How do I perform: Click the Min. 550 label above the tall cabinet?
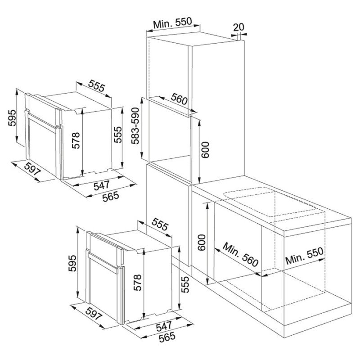172,23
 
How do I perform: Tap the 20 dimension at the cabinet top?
239,27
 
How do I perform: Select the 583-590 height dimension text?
135,126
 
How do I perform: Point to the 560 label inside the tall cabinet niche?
179,99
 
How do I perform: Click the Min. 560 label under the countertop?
240,255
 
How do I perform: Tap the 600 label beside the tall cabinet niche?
205,150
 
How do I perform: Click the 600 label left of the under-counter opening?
202,243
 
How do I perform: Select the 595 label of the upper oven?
12,118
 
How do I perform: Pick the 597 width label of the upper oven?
32,169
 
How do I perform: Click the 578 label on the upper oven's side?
76,140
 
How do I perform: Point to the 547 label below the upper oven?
101,185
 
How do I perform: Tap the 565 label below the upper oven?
111,196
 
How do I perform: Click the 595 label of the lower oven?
72,263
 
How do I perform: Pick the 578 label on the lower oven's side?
137,283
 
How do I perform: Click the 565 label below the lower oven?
167,337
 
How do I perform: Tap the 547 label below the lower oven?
164,326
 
